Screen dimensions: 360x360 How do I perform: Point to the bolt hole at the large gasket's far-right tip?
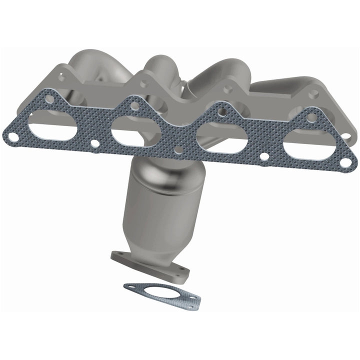coord(345,161)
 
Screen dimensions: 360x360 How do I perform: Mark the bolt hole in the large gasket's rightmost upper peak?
coord(310,118)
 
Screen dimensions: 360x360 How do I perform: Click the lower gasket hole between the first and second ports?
coord(94,143)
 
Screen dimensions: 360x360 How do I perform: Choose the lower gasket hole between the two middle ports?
coord(178,149)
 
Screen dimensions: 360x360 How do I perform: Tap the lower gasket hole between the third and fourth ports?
coord(263,156)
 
